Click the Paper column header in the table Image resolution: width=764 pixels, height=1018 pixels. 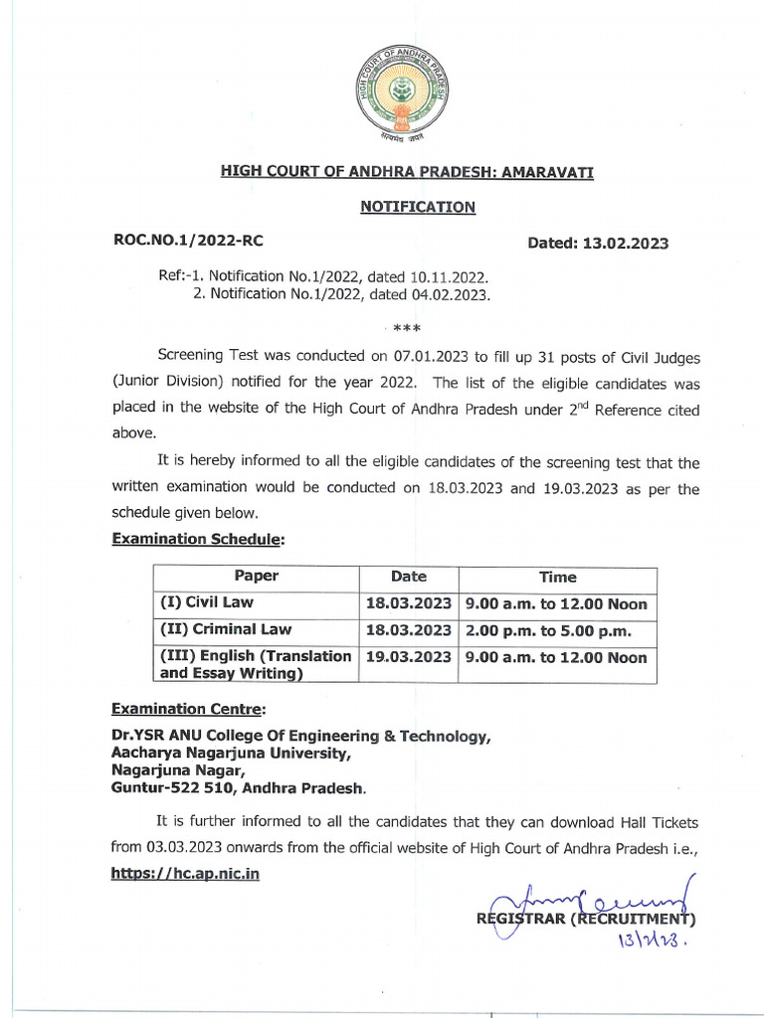(x=256, y=577)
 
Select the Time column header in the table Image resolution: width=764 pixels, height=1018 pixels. (x=557, y=577)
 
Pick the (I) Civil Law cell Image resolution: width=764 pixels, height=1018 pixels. (x=207, y=602)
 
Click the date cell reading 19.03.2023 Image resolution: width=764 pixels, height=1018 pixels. (x=409, y=657)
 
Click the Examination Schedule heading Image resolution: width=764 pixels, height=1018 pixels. (x=198, y=539)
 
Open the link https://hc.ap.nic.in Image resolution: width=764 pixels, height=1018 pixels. (x=185, y=875)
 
